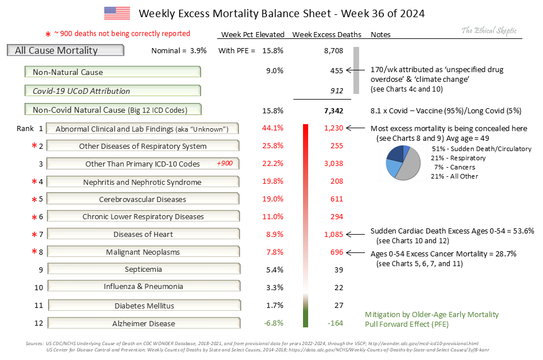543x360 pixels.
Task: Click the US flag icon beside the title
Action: [x=117, y=13]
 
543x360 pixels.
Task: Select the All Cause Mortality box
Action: [x=66, y=50]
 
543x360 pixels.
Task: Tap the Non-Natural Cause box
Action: [x=113, y=72]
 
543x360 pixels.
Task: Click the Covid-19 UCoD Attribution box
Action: [x=113, y=91]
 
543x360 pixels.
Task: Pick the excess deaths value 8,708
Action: [x=333, y=51]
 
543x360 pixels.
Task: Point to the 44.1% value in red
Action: [x=273, y=128]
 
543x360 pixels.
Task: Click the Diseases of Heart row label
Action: [x=143, y=234]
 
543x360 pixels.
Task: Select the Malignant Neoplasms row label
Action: [x=143, y=252]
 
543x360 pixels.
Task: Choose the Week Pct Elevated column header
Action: [x=253, y=35]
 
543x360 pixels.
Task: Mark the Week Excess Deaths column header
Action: [x=326, y=35]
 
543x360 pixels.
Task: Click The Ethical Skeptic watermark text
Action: [x=489, y=31]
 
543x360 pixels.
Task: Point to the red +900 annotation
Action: [x=224, y=164]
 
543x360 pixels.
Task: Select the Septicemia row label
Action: [x=143, y=270]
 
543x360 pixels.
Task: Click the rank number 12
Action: [x=38, y=323]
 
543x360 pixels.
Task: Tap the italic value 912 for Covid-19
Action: [x=336, y=90]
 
